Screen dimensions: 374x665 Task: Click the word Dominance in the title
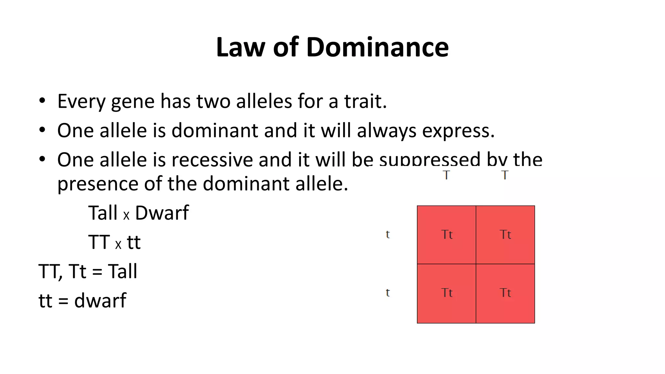pyautogui.click(x=377, y=47)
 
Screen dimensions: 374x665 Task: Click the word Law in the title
pyautogui.click(x=240, y=47)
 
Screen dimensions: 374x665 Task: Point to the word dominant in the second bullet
pyautogui.click(x=215, y=131)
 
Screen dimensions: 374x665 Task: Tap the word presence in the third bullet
pyautogui.click(x=98, y=184)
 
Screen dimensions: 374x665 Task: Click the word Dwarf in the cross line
pyautogui.click(x=162, y=213)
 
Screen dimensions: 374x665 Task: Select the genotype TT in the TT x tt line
pyautogui.click(x=99, y=242)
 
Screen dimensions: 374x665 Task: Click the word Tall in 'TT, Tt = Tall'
pyautogui.click(x=122, y=271)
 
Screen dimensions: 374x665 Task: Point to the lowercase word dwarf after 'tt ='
pyautogui.click(x=100, y=301)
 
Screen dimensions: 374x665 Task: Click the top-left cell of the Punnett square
pyautogui.click(x=446, y=235)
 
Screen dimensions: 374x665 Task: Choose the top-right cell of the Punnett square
pyautogui.click(x=505, y=235)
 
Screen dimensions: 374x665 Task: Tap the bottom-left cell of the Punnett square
pyautogui.click(x=446, y=293)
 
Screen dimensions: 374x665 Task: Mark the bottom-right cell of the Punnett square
pyautogui.click(x=505, y=293)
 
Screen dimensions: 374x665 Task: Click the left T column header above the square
pyautogui.click(x=446, y=175)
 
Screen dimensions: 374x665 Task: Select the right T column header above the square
pyautogui.click(x=505, y=175)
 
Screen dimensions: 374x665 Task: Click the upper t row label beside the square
pyautogui.click(x=388, y=234)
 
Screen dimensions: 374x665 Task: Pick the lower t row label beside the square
pyautogui.click(x=388, y=293)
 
